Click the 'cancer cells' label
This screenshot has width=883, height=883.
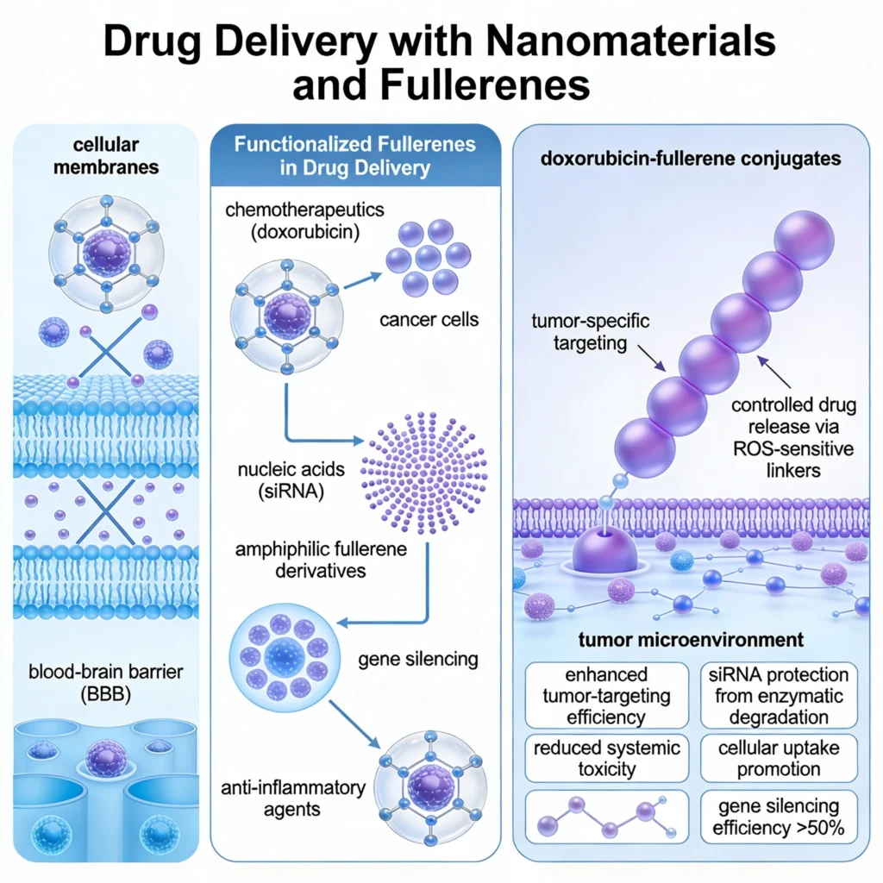coord(429,321)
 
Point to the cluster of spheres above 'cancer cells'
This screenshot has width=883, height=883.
coord(429,258)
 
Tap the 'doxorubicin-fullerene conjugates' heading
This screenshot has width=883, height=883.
coord(692,159)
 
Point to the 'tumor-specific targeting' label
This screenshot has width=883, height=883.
coord(590,332)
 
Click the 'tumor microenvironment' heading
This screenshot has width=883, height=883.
coord(692,640)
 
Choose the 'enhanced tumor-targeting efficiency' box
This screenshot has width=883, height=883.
coord(607,695)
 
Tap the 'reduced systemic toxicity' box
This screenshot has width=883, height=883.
coord(607,758)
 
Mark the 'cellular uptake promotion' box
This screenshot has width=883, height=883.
coord(779,758)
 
